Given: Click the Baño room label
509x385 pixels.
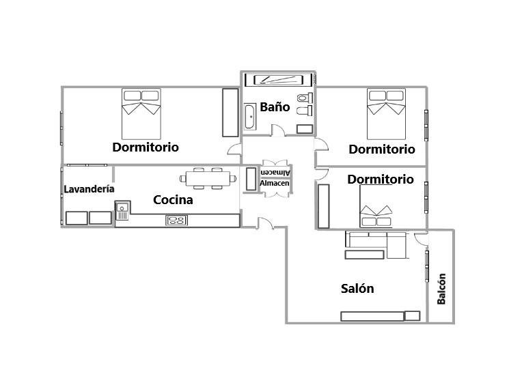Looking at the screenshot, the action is pyautogui.click(x=275, y=106).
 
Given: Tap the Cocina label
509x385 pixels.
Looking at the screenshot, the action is pyautogui.click(x=173, y=200).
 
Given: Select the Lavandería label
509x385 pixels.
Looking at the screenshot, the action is pyautogui.click(x=89, y=189).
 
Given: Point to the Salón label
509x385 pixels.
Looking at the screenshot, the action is pyautogui.click(x=357, y=288).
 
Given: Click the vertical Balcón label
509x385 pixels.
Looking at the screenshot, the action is pyautogui.click(x=441, y=289).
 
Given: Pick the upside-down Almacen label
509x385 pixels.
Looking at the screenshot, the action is pyautogui.click(x=275, y=173).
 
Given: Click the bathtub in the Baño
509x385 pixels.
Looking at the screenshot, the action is pyautogui.click(x=250, y=117).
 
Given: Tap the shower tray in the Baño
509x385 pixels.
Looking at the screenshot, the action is pyautogui.click(x=279, y=80).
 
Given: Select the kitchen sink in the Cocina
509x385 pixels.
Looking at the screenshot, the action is pyautogui.click(x=122, y=211).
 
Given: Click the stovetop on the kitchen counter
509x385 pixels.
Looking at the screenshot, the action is pyautogui.click(x=176, y=220).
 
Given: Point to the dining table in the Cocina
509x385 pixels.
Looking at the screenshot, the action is pyautogui.click(x=208, y=178).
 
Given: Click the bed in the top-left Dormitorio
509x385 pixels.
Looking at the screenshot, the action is pyautogui.click(x=141, y=114).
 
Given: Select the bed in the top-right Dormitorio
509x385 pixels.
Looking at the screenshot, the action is pyautogui.click(x=386, y=114).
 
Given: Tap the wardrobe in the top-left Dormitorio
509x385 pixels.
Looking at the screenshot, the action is pyautogui.click(x=230, y=113).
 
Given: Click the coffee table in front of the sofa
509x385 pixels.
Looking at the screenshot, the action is pyautogui.click(x=364, y=255).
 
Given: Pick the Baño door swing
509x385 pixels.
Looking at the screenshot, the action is pyautogui.click(x=278, y=130).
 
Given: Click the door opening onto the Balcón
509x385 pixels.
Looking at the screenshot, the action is pyautogui.click(x=422, y=239).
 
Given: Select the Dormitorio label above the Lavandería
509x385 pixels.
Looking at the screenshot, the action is pyautogui.click(x=146, y=147).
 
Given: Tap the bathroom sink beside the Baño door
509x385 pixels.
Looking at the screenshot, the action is pyautogui.click(x=305, y=129).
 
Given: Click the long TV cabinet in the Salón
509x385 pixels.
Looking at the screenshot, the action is pyautogui.click(x=372, y=316).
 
